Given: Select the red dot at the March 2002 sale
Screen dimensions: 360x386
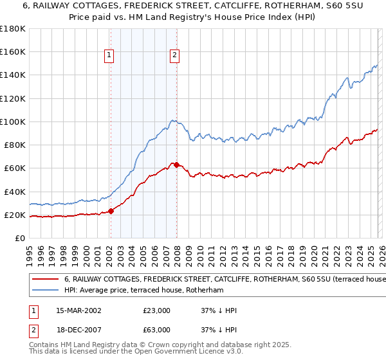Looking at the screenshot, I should pos(111,211).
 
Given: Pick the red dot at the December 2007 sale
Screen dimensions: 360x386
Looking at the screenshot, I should pos(176,165).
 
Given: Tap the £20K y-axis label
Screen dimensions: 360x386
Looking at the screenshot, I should pos(15,215).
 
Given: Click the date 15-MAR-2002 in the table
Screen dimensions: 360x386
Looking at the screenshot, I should pos(75,310).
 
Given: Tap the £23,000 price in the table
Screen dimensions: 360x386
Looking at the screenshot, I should pos(156,310).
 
